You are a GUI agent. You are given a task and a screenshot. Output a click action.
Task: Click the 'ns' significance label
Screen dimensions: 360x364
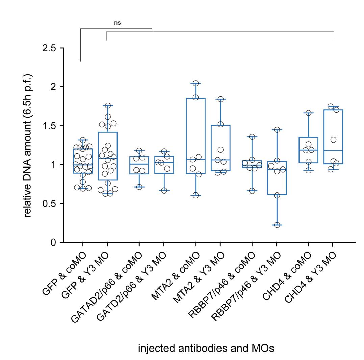click(117, 23)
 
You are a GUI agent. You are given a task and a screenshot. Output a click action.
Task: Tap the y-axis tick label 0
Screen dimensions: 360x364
click(53, 242)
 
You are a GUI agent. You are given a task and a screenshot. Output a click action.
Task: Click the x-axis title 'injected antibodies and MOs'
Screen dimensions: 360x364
click(206, 348)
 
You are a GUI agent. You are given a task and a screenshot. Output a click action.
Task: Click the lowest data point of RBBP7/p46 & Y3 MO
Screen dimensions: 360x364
click(277, 225)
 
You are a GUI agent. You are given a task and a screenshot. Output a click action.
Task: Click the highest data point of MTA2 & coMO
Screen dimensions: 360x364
click(196, 83)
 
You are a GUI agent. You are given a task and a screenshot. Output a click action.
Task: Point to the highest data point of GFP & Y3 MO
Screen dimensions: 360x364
click(108, 105)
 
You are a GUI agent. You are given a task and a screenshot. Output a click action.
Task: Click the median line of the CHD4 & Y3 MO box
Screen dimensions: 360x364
click(333, 151)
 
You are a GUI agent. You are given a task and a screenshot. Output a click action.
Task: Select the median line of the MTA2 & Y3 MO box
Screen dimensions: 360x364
click(220, 160)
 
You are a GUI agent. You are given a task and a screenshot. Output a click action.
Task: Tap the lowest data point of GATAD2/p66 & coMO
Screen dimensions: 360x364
click(139, 187)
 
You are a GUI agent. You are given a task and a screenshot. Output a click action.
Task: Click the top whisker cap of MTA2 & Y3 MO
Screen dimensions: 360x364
click(220, 99)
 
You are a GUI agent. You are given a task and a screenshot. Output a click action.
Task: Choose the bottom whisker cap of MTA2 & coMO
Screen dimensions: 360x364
click(196, 195)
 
